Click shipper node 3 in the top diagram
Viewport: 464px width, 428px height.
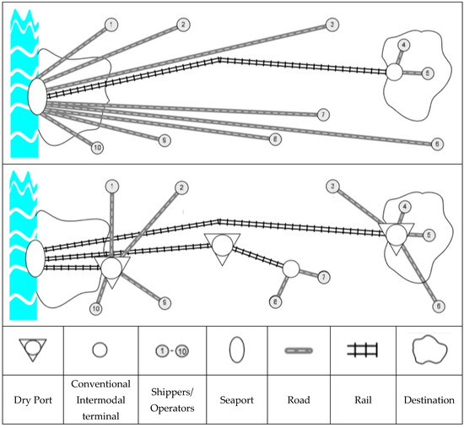tap(333, 24)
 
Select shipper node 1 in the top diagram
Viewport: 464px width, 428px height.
tap(112, 24)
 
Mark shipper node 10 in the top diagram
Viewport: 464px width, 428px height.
tap(97, 148)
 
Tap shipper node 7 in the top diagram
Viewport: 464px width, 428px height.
tap(324, 114)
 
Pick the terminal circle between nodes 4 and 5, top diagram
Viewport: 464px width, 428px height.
tap(393, 73)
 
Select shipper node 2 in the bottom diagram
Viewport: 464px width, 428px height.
tap(181, 187)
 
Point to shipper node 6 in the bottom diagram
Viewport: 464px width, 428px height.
tap(437, 306)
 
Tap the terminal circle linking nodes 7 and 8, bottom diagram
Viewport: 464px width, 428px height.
tap(291, 269)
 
